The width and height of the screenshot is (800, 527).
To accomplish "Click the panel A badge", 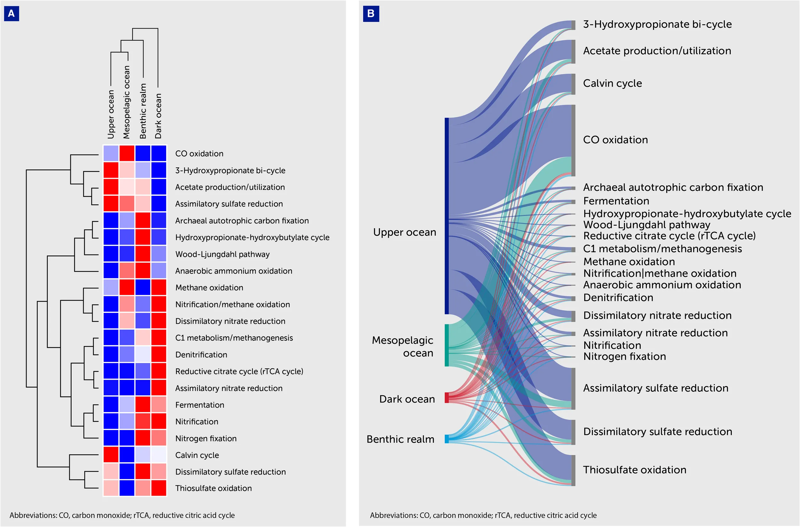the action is pyautogui.click(x=12, y=13).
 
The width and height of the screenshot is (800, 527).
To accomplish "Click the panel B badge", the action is pyautogui.click(x=371, y=13).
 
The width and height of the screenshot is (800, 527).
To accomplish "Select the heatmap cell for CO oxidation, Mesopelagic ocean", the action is pyautogui.click(x=127, y=153).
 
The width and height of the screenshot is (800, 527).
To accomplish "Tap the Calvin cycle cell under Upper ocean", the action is pyautogui.click(x=111, y=455).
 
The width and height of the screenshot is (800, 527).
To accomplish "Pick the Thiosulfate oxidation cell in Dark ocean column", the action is pyautogui.click(x=159, y=488).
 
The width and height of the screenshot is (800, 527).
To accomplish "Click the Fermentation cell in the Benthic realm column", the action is pyautogui.click(x=143, y=404).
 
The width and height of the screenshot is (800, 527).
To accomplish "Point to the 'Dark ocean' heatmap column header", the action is pyautogui.click(x=158, y=116).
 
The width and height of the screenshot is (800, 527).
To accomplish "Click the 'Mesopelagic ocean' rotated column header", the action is pyautogui.click(x=126, y=102).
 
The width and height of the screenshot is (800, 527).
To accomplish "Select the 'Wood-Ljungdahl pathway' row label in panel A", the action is pyautogui.click(x=222, y=254).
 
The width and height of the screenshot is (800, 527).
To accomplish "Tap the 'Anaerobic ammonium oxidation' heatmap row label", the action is pyautogui.click(x=234, y=271).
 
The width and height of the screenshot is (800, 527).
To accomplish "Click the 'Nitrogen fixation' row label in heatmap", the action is pyautogui.click(x=206, y=438).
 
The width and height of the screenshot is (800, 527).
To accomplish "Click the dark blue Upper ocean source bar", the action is pyautogui.click(x=447, y=216).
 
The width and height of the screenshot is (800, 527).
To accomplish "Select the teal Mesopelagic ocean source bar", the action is pyautogui.click(x=447, y=345).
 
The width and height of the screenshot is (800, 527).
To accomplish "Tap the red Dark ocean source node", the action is pyautogui.click(x=447, y=398).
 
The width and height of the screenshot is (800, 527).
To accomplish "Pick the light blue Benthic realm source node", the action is pyautogui.click(x=447, y=439).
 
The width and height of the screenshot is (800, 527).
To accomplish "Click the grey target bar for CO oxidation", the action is pyautogui.click(x=573, y=140).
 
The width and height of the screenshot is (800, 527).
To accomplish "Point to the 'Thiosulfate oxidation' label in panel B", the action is pyautogui.click(x=635, y=469).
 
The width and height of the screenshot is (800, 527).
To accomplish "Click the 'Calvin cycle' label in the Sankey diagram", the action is pyautogui.click(x=612, y=83).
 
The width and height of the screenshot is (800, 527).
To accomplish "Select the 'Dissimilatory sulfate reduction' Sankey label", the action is pyautogui.click(x=658, y=432).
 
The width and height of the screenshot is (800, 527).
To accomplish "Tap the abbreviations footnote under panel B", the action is pyautogui.click(x=484, y=515).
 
